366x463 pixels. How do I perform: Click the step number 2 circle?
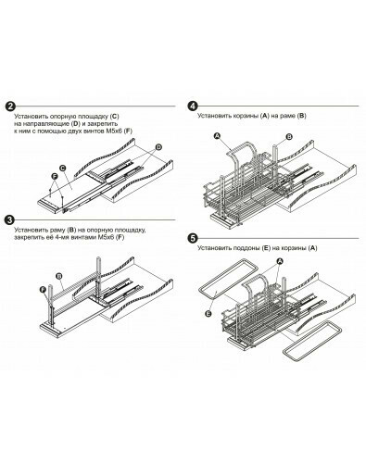(x=10, y=106)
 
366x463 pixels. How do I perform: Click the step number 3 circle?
(x=10, y=220)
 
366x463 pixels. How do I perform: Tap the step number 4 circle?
(x=193, y=106)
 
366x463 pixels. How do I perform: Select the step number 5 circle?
(x=193, y=239)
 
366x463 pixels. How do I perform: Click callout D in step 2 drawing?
(x=158, y=147)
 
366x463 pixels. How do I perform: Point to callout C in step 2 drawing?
(x=63, y=169)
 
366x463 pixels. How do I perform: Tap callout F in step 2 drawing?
(x=55, y=176)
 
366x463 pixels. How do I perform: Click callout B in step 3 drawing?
(x=59, y=276)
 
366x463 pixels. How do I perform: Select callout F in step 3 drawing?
(x=44, y=289)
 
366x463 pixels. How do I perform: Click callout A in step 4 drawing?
(x=217, y=136)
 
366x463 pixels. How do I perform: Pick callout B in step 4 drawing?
(x=289, y=137)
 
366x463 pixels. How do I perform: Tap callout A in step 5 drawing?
(x=279, y=261)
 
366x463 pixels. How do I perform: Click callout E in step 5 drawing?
(x=208, y=314)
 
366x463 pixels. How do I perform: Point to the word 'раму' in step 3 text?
(x=58, y=230)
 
